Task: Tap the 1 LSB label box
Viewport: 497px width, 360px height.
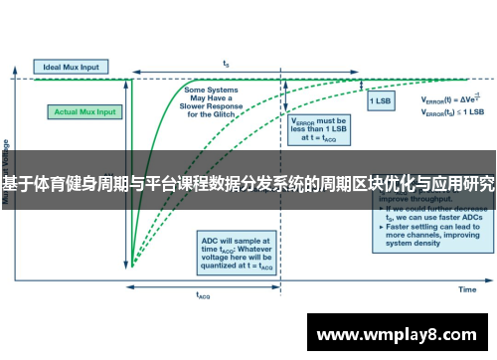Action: point(381,100)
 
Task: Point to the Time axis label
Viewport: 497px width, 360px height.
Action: point(466,289)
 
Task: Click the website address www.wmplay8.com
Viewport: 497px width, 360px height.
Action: point(396,335)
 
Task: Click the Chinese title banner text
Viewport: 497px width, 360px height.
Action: point(248,184)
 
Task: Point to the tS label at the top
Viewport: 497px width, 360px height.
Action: point(227,58)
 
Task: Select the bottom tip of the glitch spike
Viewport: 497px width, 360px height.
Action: point(131,267)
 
